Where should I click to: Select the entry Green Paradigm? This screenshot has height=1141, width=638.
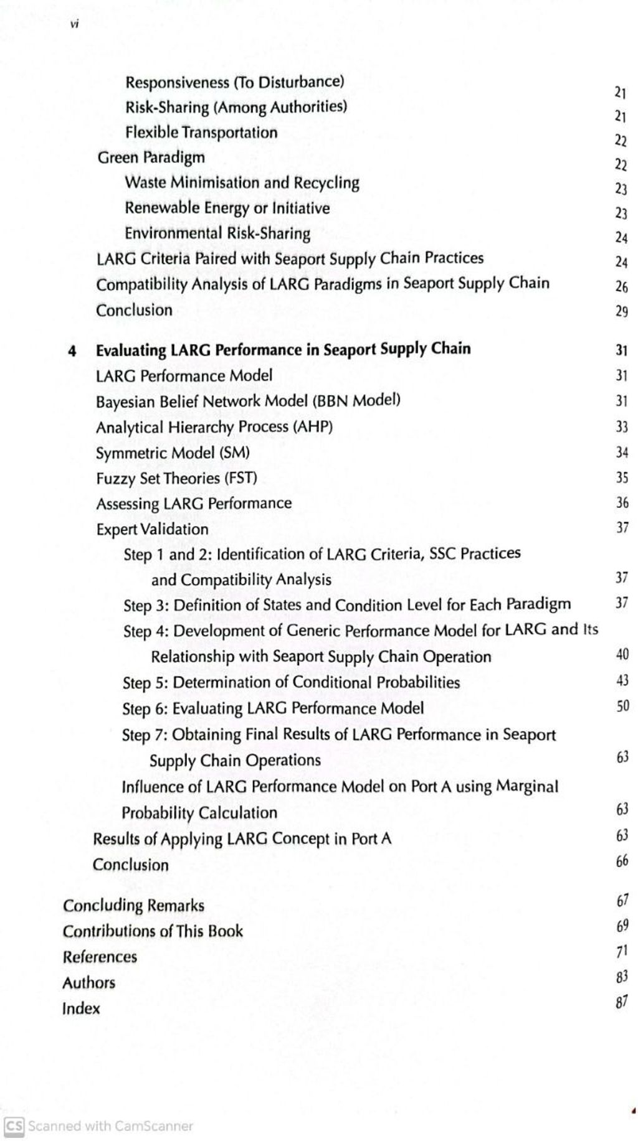151,157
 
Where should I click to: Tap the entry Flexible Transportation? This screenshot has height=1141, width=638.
201,133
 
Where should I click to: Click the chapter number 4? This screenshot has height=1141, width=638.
72,350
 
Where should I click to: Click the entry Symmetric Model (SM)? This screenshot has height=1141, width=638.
173,453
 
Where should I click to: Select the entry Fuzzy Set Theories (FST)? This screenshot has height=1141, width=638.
176,478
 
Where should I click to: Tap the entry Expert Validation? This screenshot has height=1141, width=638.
152,529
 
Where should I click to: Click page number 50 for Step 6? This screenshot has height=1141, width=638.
622,705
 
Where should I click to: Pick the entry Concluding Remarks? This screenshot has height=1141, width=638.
133,905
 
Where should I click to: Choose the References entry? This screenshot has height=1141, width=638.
100,957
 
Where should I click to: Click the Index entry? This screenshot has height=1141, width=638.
81,1008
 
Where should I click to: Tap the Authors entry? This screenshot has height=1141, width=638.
89,983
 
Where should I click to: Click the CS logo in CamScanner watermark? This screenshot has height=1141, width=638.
14,1125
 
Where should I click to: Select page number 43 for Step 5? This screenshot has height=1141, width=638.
622,680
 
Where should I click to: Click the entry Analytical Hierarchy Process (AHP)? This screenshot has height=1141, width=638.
214,427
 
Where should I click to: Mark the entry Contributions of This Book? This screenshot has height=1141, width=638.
153,931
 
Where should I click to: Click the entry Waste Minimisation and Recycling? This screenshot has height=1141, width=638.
242,183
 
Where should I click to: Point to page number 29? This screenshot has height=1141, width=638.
621,311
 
